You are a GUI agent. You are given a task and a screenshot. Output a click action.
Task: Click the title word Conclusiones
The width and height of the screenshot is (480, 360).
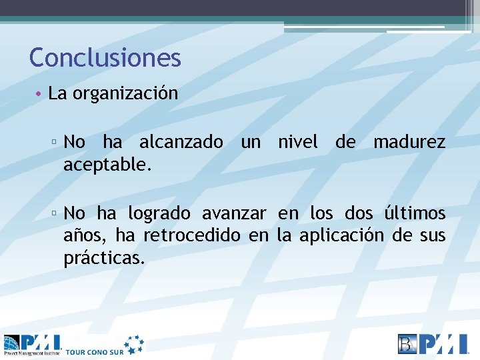tap(105, 58)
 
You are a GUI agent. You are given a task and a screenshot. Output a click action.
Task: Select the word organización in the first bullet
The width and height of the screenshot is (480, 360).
tap(125, 93)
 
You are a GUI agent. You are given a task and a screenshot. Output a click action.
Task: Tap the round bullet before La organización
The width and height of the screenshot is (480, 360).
tap(40, 94)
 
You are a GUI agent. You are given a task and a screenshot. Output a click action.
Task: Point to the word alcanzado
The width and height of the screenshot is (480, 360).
tap(181, 142)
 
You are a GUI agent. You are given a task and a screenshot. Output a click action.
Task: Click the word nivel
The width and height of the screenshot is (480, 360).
tap(297, 142)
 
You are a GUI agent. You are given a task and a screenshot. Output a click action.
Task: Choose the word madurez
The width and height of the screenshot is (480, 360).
tap(409, 142)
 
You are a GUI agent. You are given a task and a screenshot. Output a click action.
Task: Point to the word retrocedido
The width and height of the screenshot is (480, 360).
tap(183, 236)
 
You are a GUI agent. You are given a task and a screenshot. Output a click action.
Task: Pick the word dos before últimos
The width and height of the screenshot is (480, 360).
tap(360, 214)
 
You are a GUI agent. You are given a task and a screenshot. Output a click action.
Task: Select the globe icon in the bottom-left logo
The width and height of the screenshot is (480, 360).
tap(11, 344)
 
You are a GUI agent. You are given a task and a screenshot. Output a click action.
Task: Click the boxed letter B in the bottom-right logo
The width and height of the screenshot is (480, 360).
tap(407, 343)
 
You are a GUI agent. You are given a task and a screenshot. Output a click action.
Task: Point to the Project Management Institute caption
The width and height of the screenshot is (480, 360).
tap(31, 353)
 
